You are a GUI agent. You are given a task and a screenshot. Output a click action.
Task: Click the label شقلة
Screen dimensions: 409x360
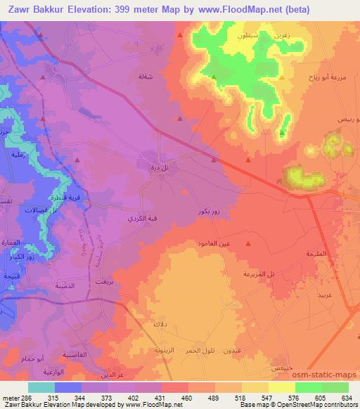(145, 77)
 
